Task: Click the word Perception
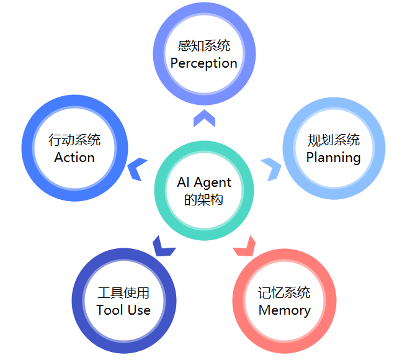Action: (x=203, y=63)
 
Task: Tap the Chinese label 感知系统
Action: (x=203, y=46)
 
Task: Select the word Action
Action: (x=74, y=158)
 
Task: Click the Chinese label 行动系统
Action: (x=74, y=140)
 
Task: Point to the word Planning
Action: (x=333, y=158)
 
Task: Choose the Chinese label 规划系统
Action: (x=333, y=140)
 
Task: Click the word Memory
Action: (x=284, y=310)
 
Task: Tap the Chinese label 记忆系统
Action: (x=284, y=293)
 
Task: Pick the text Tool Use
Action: (x=123, y=310)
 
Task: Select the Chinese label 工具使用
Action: (x=123, y=293)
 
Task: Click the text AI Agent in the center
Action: (x=203, y=182)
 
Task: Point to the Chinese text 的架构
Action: (x=203, y=200)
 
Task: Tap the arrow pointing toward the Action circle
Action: (x=138, y=169)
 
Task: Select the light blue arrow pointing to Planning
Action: (x=271, y=168)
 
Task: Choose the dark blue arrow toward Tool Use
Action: (x=163, y=246)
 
